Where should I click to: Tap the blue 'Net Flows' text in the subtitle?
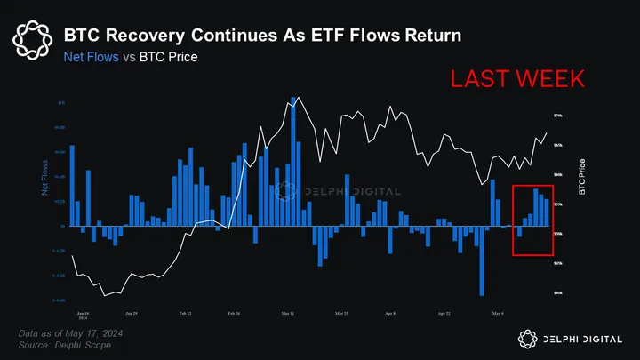click(91, 59)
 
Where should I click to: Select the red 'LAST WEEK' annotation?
click(517, 78)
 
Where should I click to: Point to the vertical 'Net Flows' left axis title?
click(44, 178)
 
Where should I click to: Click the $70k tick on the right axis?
click(557, 116)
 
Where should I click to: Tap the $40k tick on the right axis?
click(557, 292)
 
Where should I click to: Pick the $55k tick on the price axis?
click(557, 204)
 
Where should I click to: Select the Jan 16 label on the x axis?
click(83, 314)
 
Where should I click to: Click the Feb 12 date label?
click(184, 314)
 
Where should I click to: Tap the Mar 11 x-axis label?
click(287, 314)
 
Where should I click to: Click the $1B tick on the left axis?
click(60, 103)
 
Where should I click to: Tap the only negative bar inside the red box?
click(519, 231)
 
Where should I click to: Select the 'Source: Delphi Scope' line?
click(65, 344)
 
